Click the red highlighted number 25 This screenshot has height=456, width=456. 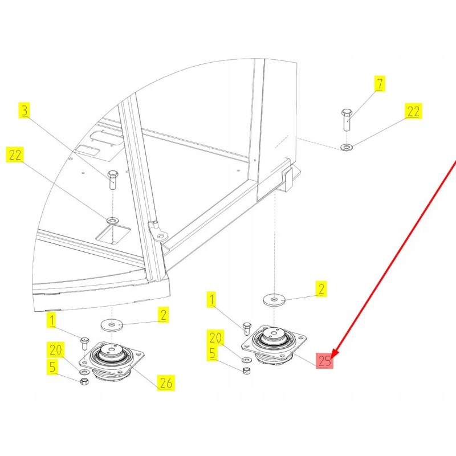[325, 360]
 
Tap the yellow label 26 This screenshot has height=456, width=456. [166, 383]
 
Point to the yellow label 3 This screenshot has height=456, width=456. [24, 110]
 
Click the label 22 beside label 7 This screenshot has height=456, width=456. [413, 111]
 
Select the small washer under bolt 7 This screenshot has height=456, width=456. [346, 148]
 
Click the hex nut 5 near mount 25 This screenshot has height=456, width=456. [247, 371]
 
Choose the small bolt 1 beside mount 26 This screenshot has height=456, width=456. [84, 343]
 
